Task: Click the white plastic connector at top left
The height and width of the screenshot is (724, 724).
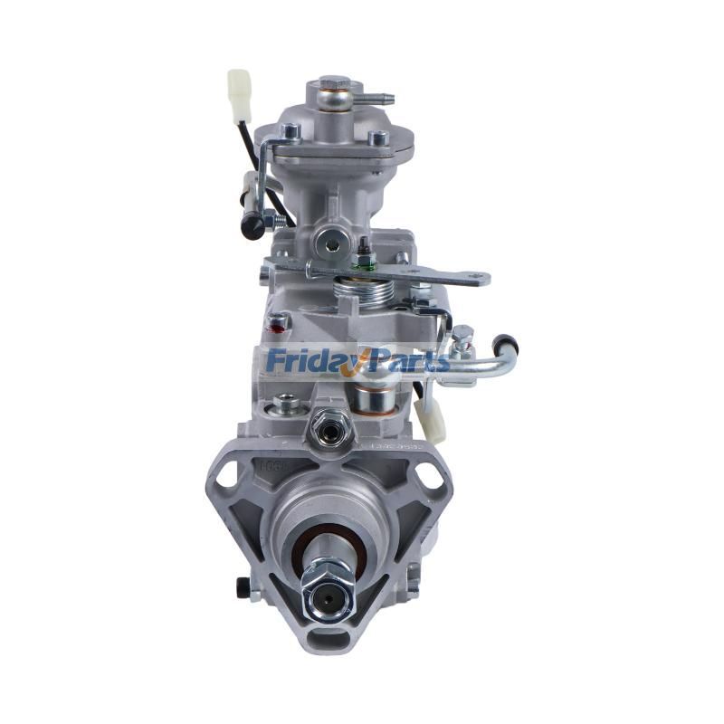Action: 239,94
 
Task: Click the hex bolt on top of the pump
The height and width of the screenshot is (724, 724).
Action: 334,87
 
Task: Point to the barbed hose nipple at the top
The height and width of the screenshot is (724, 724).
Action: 381,96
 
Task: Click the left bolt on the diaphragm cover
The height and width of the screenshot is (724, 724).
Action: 291,134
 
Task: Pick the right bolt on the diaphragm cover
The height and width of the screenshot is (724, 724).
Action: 379,138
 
